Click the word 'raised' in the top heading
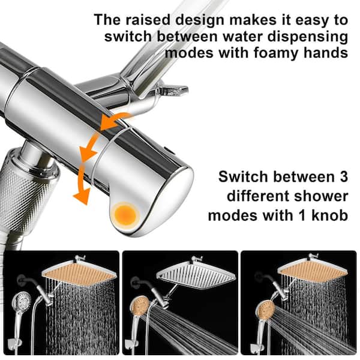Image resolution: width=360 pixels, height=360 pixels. pos(149,20)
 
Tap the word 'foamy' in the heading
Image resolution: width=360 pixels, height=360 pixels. pos(277,53)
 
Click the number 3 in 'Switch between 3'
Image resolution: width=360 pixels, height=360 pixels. pos(343,177)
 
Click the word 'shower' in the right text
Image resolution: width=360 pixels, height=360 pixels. pos(321,196)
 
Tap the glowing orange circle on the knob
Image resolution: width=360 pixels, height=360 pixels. pos(125,215)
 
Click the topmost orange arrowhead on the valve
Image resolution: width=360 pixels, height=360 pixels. pos(107,123)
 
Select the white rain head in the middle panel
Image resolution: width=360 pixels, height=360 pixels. pos(196,275)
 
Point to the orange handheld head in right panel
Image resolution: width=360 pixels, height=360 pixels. pos(265,310)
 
